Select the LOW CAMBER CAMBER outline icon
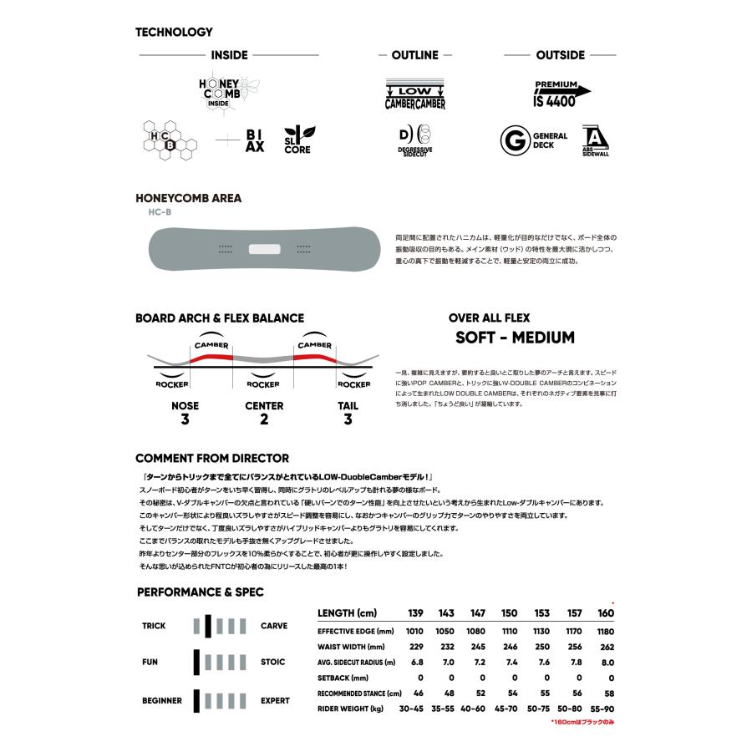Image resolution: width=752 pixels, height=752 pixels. point(414,94)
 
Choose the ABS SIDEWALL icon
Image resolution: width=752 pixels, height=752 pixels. point(595,140)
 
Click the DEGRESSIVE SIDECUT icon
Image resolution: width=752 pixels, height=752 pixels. point(414,139)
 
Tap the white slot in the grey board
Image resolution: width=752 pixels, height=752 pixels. point(264,248)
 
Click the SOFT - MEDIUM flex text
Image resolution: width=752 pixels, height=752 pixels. point(515,338)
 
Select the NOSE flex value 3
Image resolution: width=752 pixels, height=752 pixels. point(184,419)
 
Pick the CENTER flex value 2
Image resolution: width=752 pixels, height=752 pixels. point(264,419)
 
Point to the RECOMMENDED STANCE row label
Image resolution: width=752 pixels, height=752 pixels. point(359,694)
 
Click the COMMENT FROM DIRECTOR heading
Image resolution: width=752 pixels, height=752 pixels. point(212,458)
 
